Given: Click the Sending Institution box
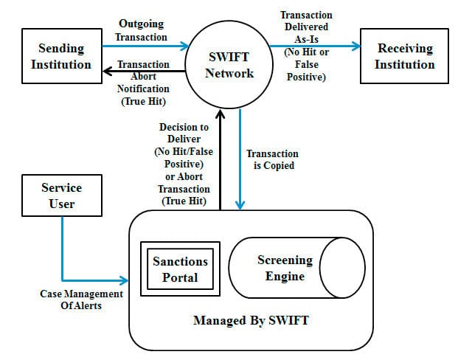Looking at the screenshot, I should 61,56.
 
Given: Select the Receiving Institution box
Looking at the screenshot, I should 406,56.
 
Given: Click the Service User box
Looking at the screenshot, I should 61,195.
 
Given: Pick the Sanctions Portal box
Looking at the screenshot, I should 180,269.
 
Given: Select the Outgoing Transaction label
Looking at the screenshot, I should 142,30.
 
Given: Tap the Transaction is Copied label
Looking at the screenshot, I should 270,160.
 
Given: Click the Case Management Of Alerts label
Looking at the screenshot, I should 71,300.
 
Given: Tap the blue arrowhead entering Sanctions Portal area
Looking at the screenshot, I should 125,280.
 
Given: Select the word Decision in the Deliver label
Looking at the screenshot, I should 184,128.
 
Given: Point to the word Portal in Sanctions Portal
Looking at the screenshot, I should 180,277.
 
